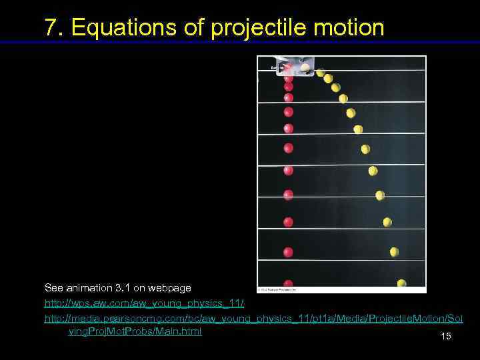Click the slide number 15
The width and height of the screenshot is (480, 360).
[446, 336]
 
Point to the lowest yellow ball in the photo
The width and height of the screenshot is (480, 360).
[401, 284]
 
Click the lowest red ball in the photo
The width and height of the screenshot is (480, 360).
[288, 284]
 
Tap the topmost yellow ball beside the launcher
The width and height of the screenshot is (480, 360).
[321, 73]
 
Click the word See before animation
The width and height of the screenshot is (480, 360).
[53, 288]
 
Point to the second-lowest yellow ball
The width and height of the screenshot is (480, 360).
[394, 251]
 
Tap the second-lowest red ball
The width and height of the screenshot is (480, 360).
[288, 252]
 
